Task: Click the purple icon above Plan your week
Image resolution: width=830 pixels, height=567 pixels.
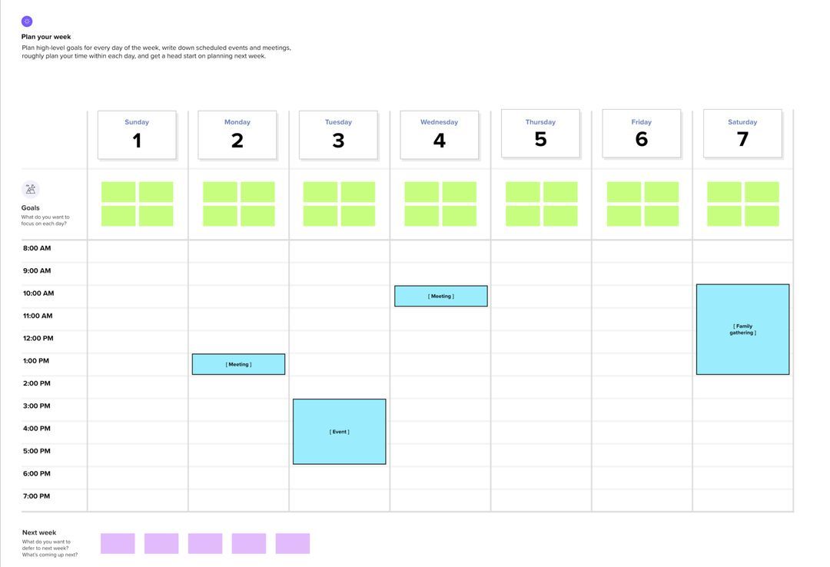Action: (x=27, y=22)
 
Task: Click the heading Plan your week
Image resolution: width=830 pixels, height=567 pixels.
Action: (x=46, y=37)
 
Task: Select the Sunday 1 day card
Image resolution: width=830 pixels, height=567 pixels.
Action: (x=137, y=135)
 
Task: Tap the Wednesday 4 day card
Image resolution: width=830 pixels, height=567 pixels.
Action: (x=439, y=135)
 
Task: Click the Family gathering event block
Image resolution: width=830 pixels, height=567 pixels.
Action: (x=742, y=330)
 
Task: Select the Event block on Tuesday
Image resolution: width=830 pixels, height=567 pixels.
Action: (x=339, y=432)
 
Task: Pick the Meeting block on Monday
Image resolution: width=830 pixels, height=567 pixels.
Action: (x=238, y=364)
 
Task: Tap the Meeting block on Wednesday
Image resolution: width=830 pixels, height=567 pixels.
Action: (x=440, y=296)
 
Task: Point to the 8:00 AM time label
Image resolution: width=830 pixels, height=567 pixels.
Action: (x=37, y=248)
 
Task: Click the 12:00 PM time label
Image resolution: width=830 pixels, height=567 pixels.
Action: (x=38, y=339)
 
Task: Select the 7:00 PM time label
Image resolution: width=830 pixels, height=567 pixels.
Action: (x=37, y=496)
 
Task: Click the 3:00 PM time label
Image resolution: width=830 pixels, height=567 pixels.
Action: (x=37, y=406)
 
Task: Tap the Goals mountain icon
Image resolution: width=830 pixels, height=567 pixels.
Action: (x=31, y=190)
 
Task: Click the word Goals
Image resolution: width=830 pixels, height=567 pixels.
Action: (x=31, y=208)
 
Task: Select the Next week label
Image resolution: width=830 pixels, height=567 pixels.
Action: (x=39, y=532)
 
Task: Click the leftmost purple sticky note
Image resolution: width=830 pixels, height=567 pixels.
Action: (x=118, y=544)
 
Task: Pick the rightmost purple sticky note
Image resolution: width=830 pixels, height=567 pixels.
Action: (x=293, y=544)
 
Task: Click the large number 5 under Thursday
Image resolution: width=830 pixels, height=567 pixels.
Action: (x=540, y=139)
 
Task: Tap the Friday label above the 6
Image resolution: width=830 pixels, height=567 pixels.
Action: (x=641, y=122)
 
